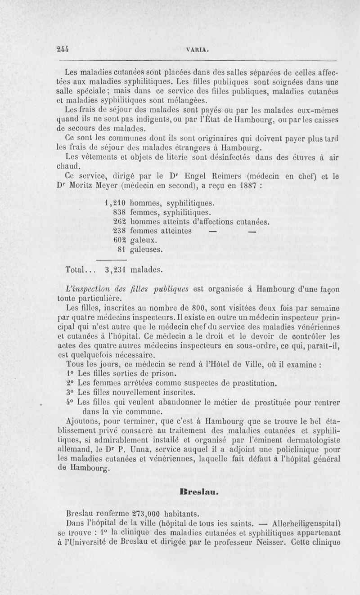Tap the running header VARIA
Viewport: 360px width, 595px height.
[x=196, y=51]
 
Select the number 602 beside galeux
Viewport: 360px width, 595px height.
[x=119, y=240]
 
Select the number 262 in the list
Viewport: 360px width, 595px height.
[x=119, y=221]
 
